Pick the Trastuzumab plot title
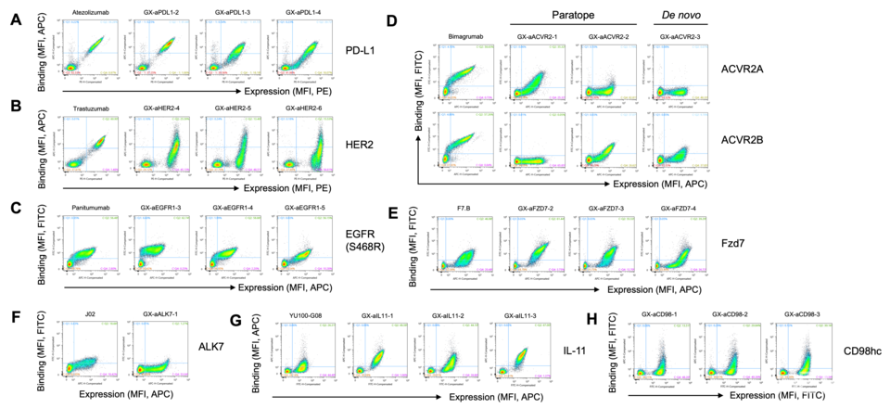pos(90,108)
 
